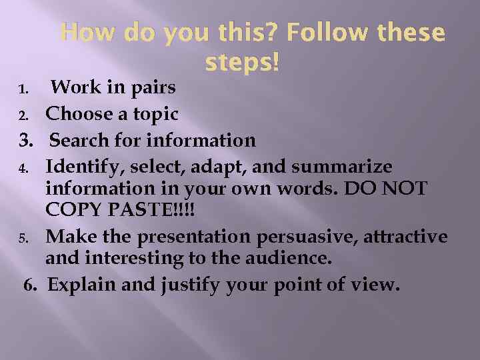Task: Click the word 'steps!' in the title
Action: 243,63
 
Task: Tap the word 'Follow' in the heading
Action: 344,33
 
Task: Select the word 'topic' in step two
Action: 155,115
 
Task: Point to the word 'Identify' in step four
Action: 83,166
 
